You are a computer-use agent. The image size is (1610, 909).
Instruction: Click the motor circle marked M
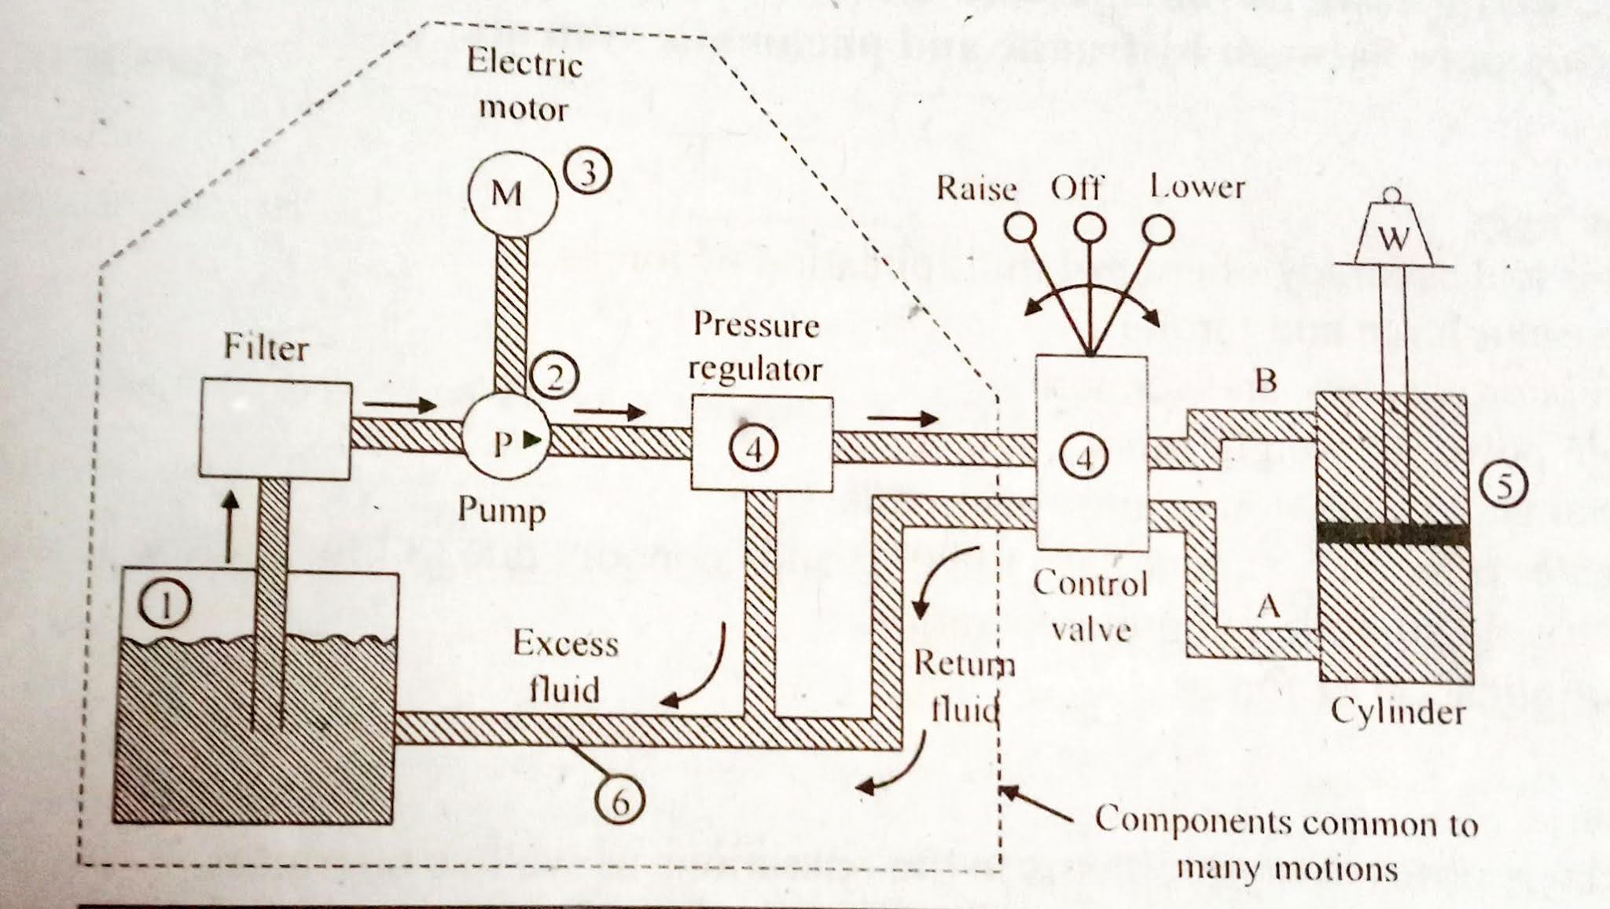pos(512,192)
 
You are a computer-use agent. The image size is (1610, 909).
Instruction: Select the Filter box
pos(275,429)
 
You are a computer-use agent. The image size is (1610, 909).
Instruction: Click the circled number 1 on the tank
pos(165,606)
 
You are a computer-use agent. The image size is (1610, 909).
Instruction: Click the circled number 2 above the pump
pos(554,378)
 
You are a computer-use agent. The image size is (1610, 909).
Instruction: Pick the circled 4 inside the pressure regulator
pos(753,450)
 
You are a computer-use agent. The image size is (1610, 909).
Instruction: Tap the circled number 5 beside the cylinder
pos(1503,487)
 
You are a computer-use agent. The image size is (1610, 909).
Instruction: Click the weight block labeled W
pos(1394,236)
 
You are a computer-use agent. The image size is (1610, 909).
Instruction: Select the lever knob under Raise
pos(1020,229)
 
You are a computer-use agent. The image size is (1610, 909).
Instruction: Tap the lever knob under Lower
pos(1158,230)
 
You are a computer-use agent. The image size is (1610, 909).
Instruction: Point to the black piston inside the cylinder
pos(1392,533)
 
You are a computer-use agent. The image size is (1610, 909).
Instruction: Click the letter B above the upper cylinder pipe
pos(1265,381)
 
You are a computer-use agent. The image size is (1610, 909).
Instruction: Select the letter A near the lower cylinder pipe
pos(1267,607)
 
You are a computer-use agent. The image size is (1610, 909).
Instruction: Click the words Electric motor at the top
pos(524,85)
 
